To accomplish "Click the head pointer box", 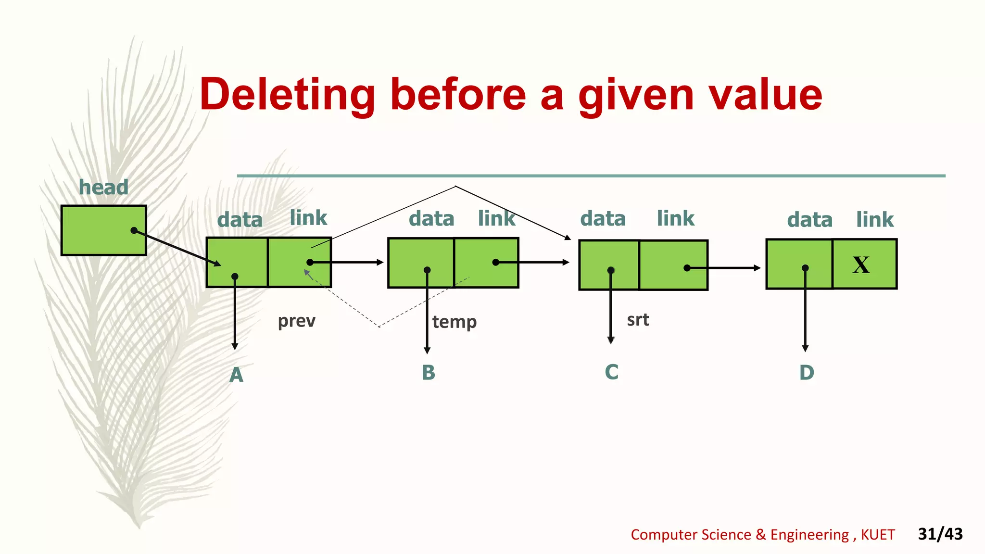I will click(x=103, y=230).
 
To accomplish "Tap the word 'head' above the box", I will click(x=103, y=187).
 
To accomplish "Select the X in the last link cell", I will click(x=861, y=264).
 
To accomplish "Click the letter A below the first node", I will click(x=236, y=375).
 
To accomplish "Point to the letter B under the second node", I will click(x=428, y=373).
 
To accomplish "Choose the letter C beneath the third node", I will click(x=611, y=372).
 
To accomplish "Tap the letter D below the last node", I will click(x=807, y=373).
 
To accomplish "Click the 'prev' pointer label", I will click(x=296, y=321).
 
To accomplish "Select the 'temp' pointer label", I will click(x=454, y=322).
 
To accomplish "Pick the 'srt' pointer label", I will click(x=638, y=320).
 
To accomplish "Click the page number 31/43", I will click(x=940, y=534).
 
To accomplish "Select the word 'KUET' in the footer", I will click(x=878, y=535).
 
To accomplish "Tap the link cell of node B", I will click(x=486, y=263).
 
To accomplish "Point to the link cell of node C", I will click(x=673, y=265).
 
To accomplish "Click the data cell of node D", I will click(x=799, y=264).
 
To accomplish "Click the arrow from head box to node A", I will click(x=178, y=248).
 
